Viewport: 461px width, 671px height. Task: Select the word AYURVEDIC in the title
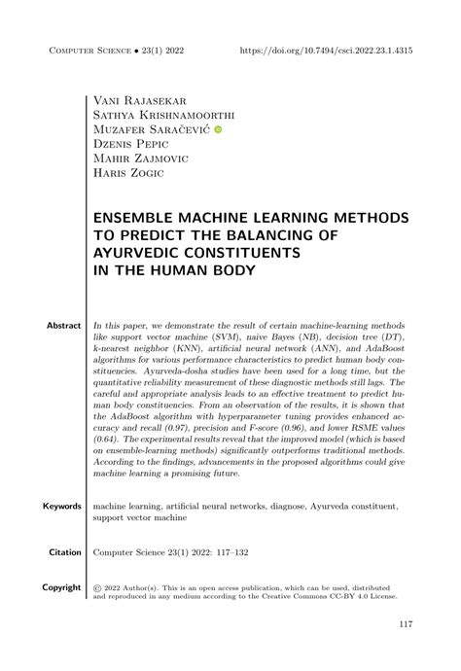(x=144, y=253)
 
